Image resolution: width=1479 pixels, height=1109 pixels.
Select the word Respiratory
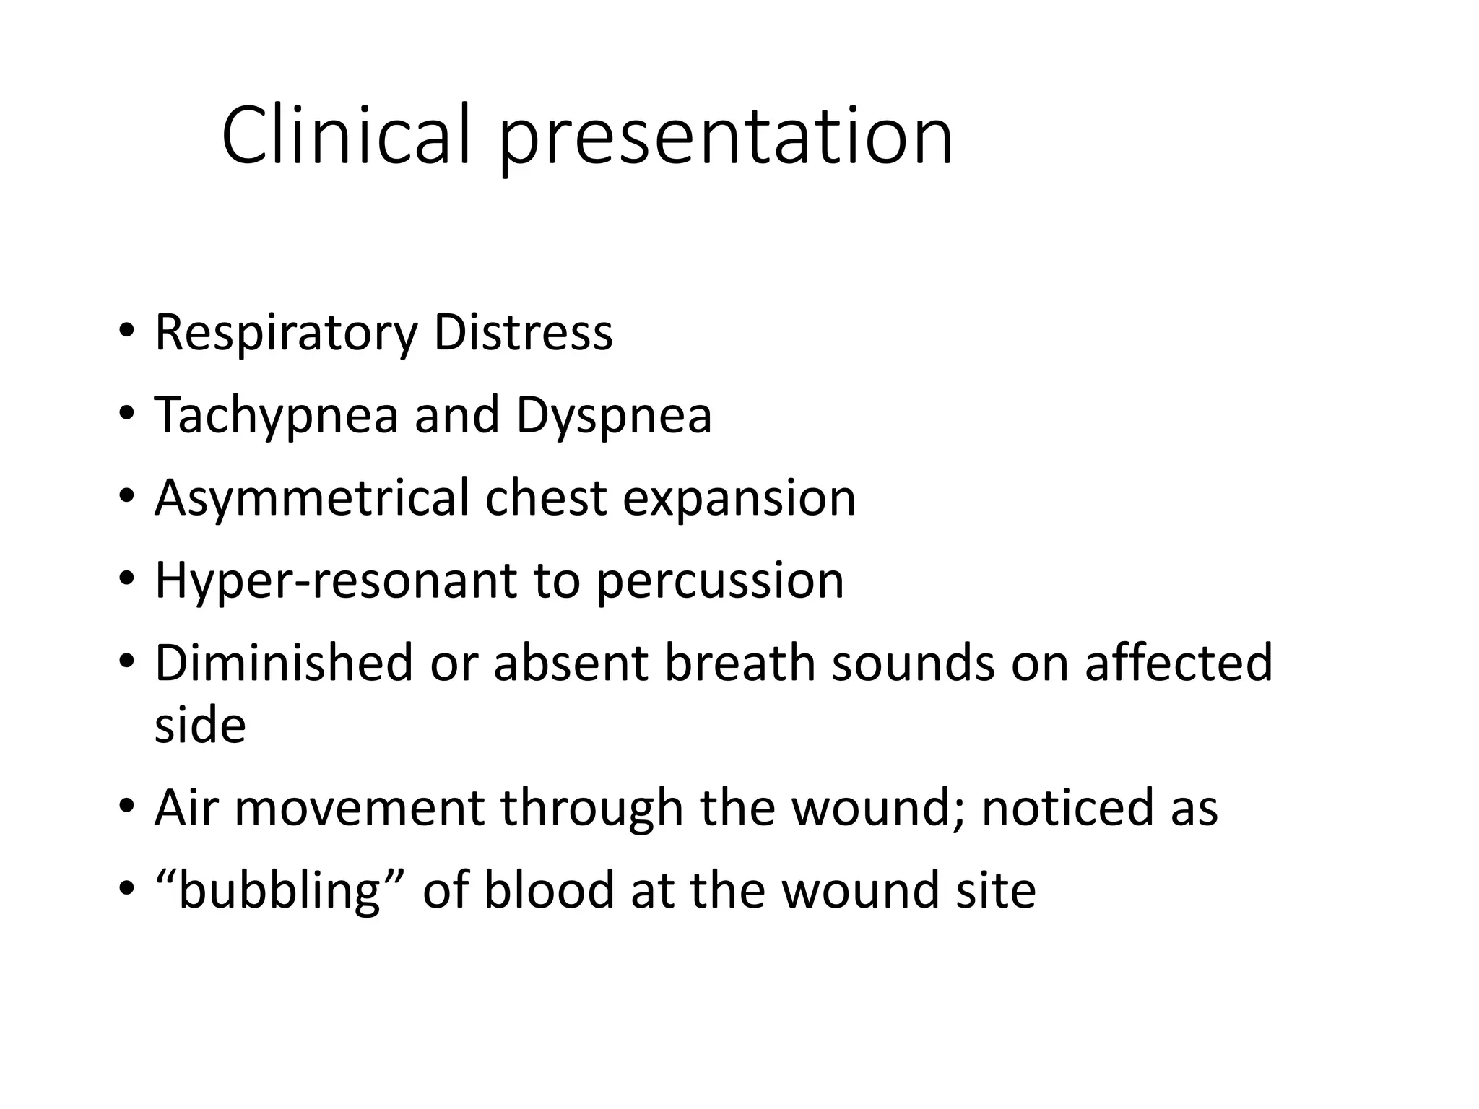286,334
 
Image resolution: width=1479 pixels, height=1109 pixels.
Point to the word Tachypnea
277,416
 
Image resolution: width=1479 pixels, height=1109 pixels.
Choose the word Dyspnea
614,416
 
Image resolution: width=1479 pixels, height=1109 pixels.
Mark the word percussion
720,582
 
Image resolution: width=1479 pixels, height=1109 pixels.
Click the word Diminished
283,663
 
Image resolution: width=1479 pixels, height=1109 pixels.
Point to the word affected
1179,663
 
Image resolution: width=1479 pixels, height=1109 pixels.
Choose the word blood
549,890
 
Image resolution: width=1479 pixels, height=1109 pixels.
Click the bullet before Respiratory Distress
127,332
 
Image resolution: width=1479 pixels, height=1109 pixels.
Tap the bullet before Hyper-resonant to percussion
127,580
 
